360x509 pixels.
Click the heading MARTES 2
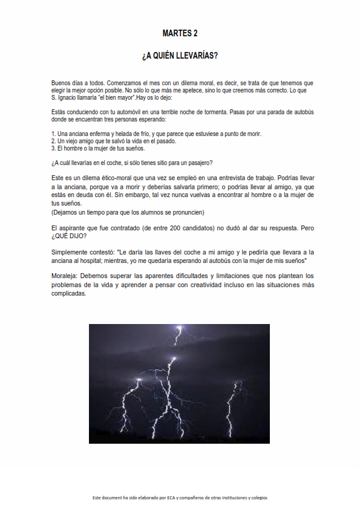(180, 33)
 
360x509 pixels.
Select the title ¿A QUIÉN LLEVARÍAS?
(180, 56)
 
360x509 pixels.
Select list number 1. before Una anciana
(53, 134)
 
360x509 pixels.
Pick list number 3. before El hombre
(53, 148)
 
